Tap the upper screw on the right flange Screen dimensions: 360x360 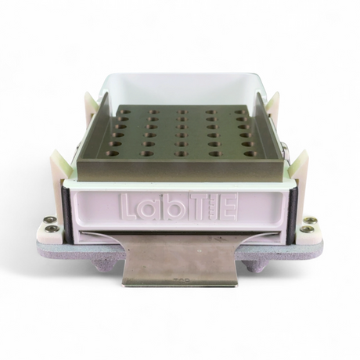click(x=311, y=221)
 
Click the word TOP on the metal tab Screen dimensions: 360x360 click(x=182, y=281)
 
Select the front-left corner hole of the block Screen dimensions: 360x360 click(x=112, y=153)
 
